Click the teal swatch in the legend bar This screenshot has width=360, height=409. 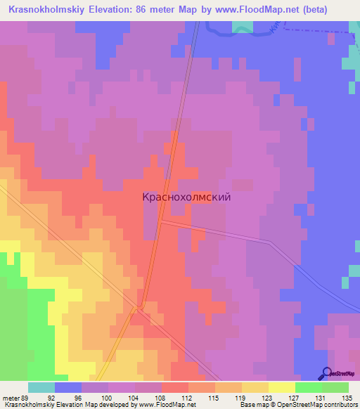pos(41,387)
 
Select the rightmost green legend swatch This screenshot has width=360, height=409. pos(335,387)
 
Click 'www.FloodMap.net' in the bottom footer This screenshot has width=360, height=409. pos(168,405)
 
